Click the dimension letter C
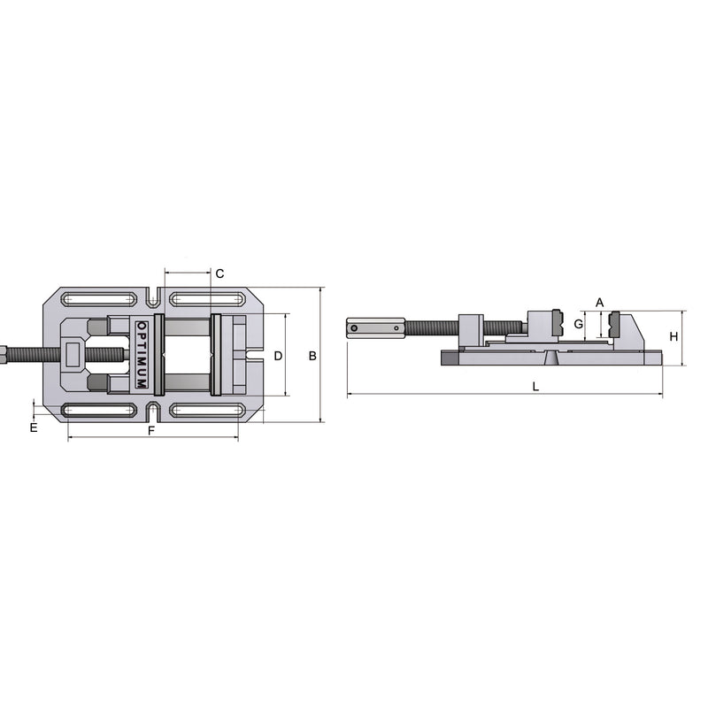(x=219, y=273)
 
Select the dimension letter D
(x=277, y=356)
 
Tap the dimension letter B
(x=312, y=356)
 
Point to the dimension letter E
(x=34, y=428)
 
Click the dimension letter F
(x=151, y=431)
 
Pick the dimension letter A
(x=599, y=303)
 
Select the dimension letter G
(x=579, y=325)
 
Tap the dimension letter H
(x=673, y=337)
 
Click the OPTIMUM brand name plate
(x=142, y=355)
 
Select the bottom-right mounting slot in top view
(x=206, y=410)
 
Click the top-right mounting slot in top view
(x=206, y=298)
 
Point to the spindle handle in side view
(x=375, y=327)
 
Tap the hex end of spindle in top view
(x=4, y=355)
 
